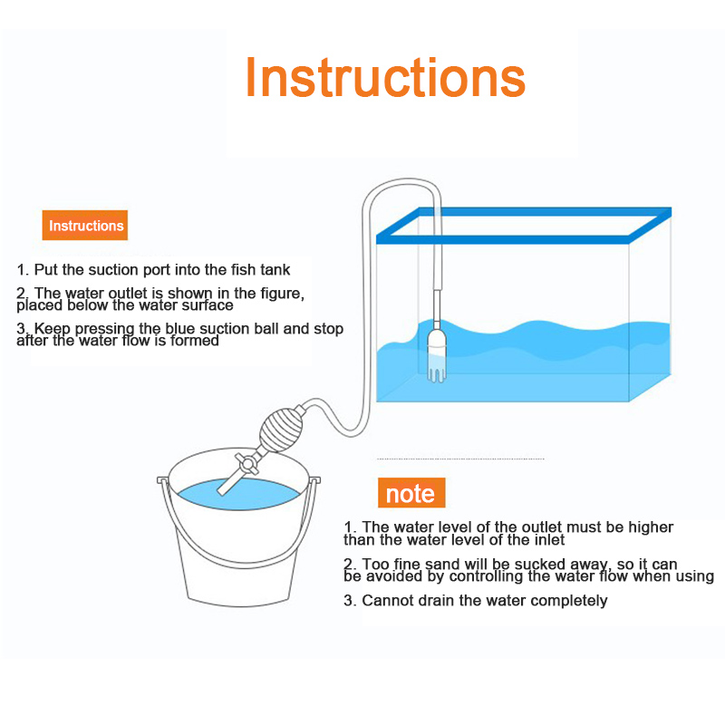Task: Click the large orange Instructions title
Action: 386,77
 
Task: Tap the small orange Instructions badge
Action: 85,225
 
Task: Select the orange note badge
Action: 411,493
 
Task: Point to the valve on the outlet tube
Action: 246,463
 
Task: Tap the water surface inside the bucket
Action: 239,495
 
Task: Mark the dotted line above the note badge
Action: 460,459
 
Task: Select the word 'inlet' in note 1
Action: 550,539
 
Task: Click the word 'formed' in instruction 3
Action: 195,341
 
